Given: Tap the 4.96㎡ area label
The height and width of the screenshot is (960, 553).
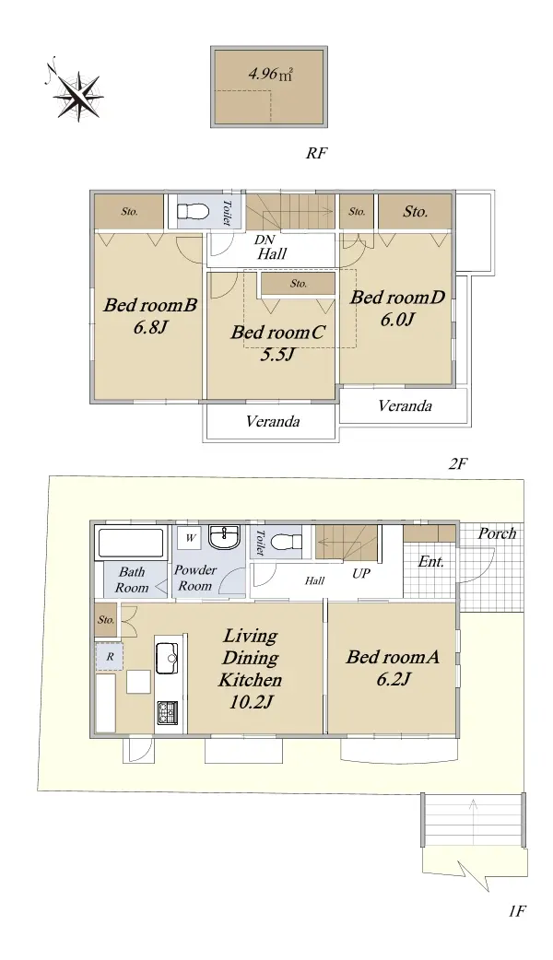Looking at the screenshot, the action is click(x=269, y=75).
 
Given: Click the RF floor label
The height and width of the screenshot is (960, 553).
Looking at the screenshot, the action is click(x=317, y=153).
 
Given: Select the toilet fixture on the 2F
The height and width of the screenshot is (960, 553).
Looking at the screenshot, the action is click(x=190, y=212).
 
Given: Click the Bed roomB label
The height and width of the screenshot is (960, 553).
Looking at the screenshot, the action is click(x=150, y=305).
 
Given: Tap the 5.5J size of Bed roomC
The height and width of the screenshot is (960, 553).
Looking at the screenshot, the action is click(x=278, y=355).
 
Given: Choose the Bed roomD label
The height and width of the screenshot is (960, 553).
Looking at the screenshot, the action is click(x=397, y=298).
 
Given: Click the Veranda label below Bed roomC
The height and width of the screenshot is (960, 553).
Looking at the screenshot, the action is click(x=273, y=421).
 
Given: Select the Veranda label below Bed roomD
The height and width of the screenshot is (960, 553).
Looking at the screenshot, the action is click(x=405, y=405).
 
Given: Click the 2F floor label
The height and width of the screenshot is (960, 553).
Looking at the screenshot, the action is click(x=457, y=464).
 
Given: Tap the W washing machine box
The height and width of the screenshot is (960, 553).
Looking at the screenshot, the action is click(x=191, y=538).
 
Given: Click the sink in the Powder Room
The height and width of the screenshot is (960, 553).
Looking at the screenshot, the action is click(x=227, y=538).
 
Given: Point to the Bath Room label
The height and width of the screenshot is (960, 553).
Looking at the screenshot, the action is click(x=133, y=580).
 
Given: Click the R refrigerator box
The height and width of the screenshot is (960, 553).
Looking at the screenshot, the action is click(x=110, y=657).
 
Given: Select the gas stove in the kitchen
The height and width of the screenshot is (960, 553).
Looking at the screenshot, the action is click(x=167, y=713).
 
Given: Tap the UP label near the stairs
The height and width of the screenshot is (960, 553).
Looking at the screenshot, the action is click(x=361, y=574).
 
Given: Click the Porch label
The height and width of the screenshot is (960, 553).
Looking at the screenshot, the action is click(x=497, y=533).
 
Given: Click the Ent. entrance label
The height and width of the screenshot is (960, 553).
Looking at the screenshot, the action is click(x=431, y=561).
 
